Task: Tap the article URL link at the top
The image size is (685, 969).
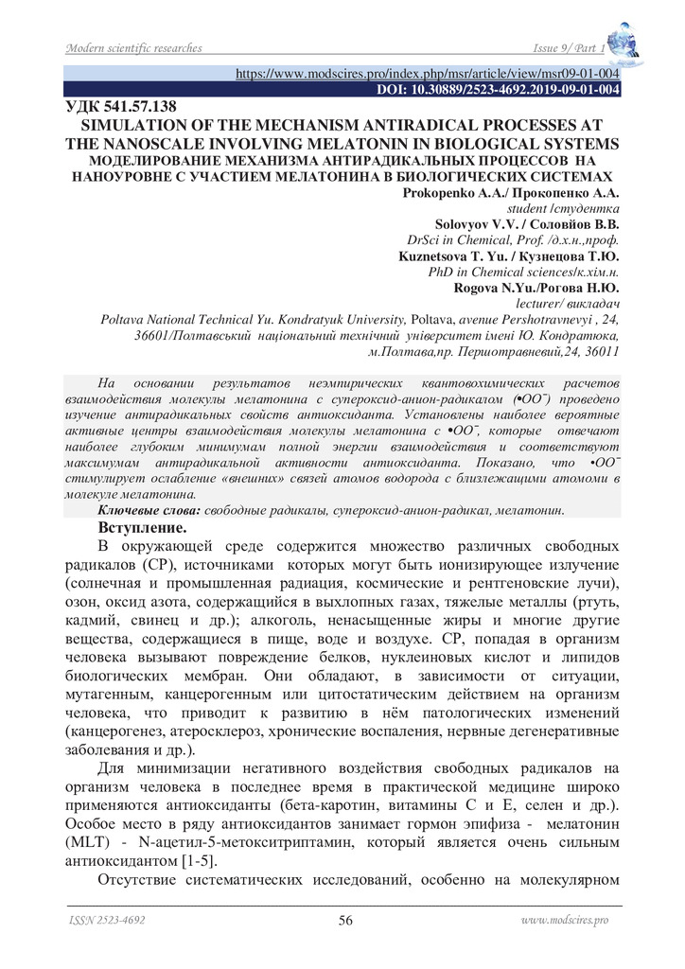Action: point(427,72)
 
